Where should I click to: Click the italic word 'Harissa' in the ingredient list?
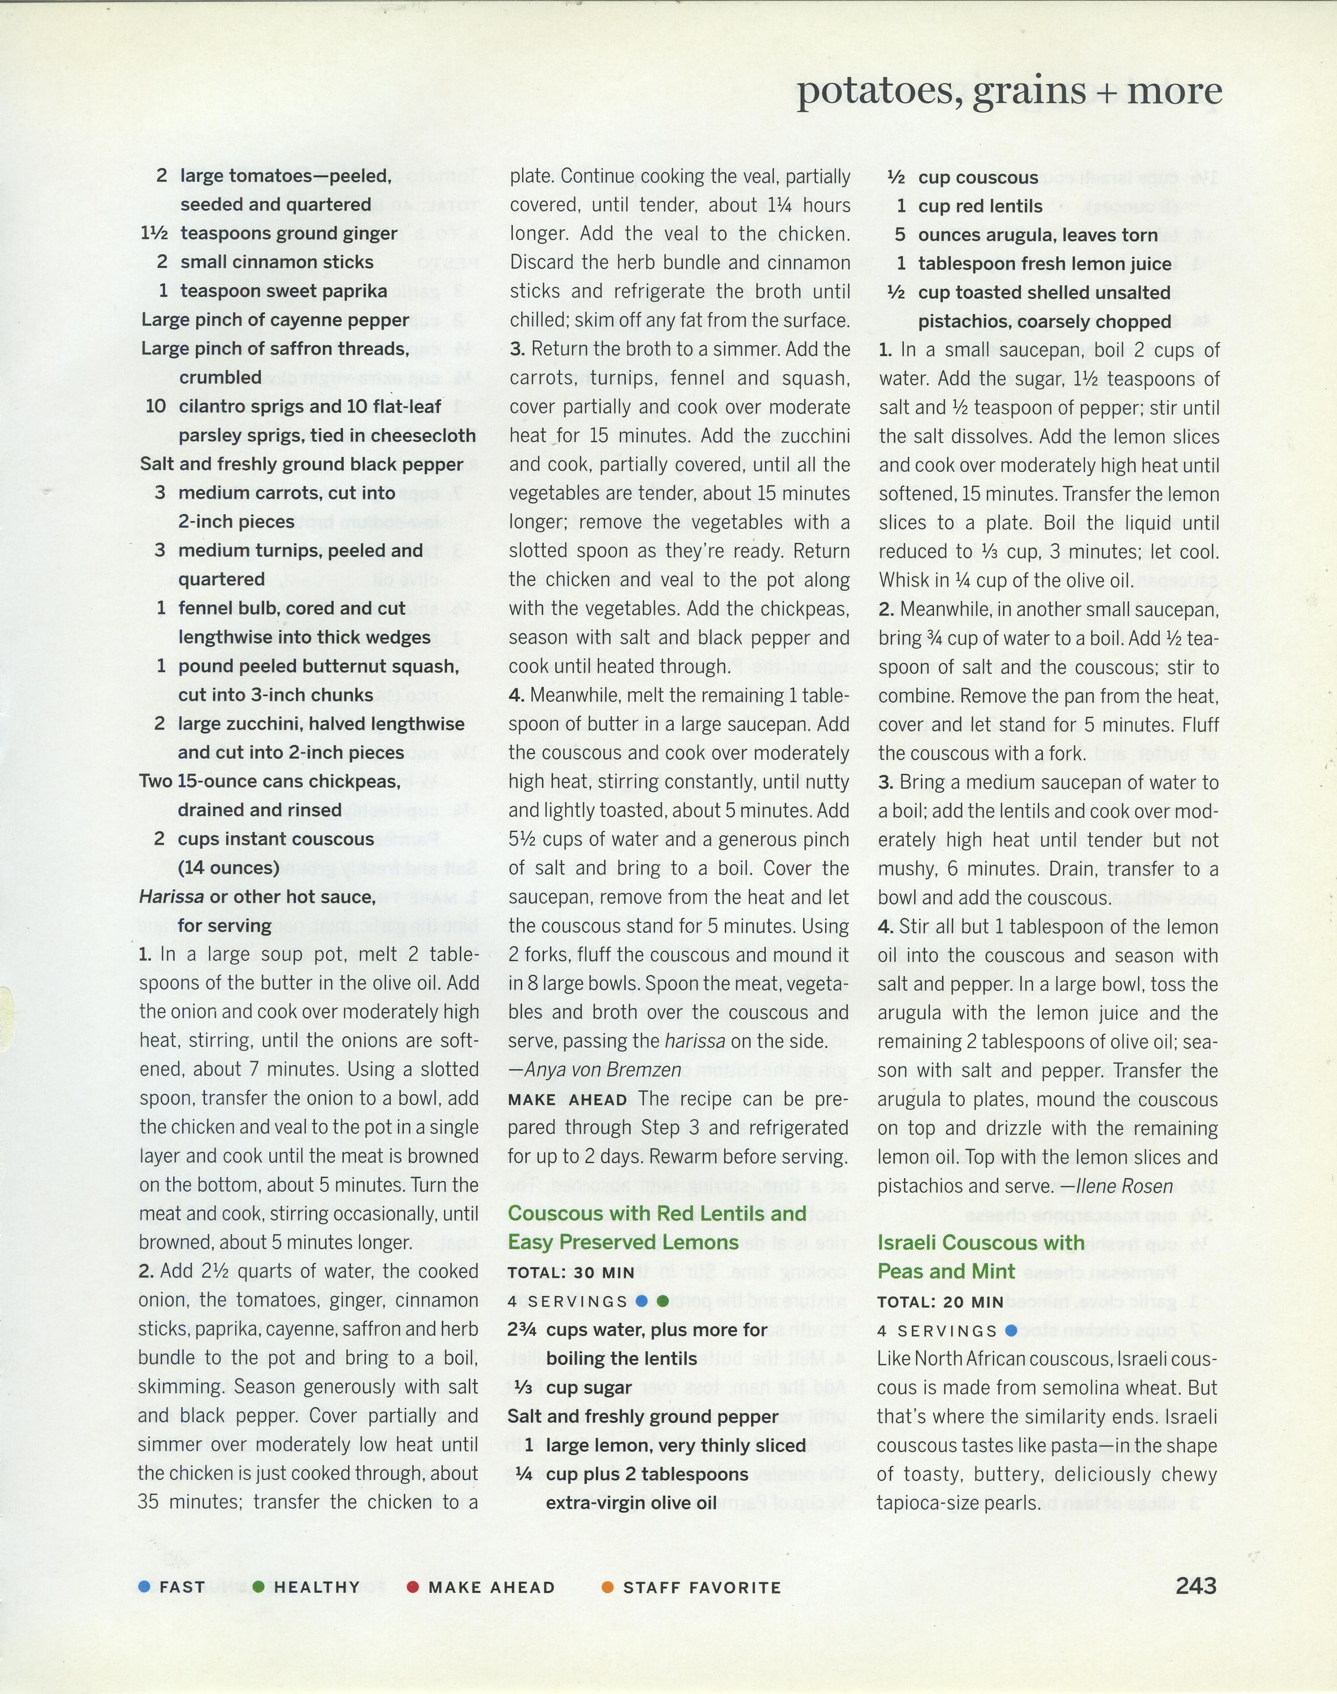point(171,897)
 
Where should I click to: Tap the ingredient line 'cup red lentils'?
point(980,206)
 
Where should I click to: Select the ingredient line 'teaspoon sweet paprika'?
point(283,291)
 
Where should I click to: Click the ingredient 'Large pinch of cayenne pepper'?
point(275,320)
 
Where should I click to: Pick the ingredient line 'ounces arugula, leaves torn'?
point(1037,235)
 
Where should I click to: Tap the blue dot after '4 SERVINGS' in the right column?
point(1010,1330)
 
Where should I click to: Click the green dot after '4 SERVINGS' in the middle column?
point(663,1301)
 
